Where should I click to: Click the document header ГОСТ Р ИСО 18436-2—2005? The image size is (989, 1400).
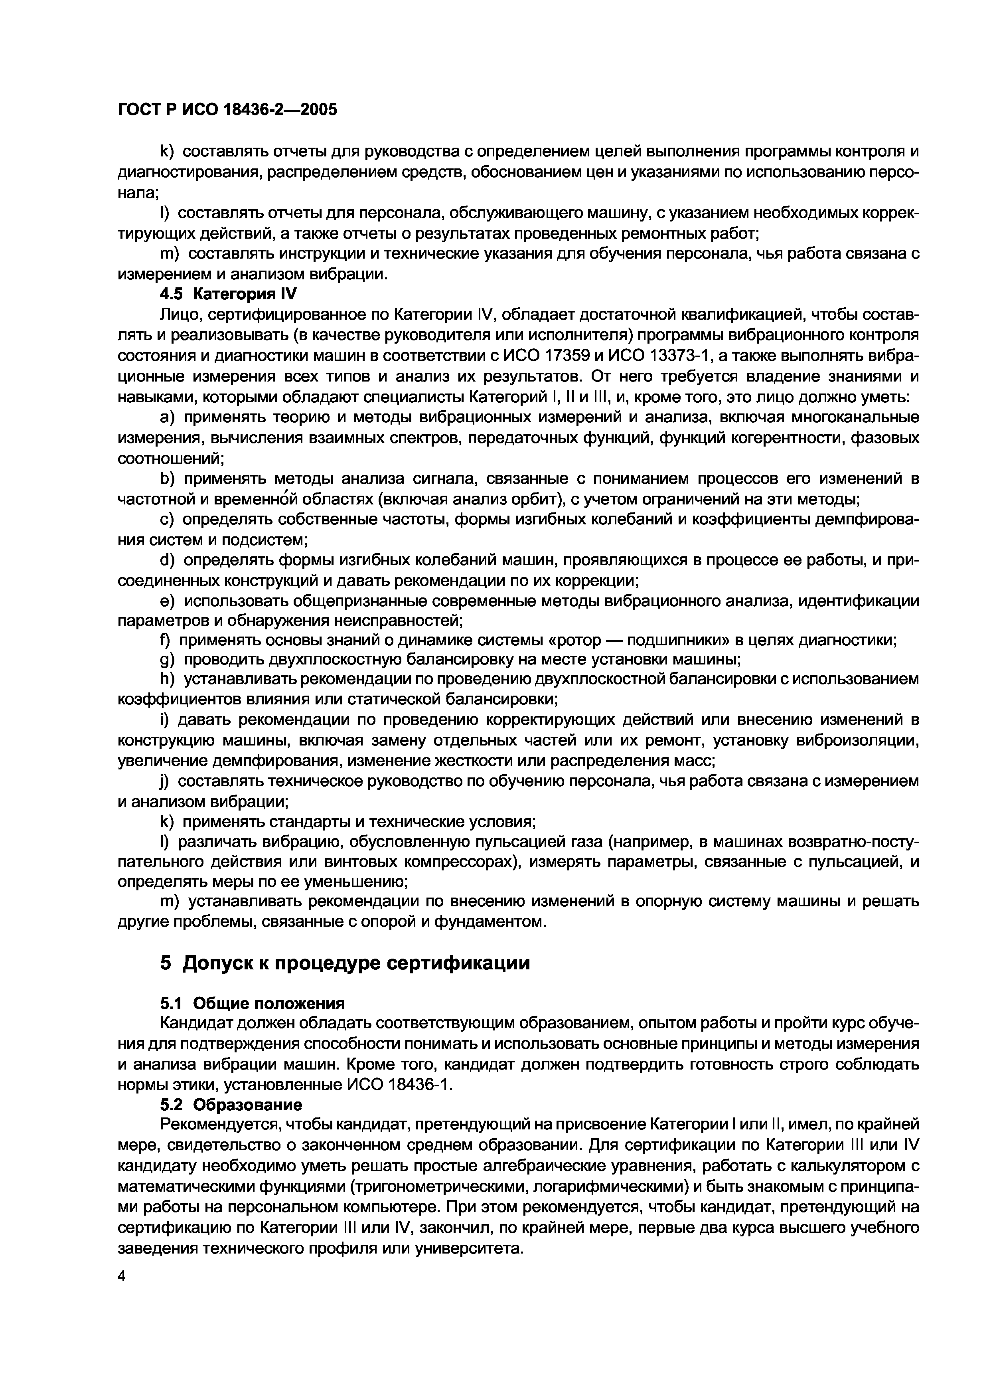(x=227, y=110)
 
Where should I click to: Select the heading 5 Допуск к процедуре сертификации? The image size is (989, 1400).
(x=345, y=963)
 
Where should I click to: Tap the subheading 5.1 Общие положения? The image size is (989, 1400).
(x=252, y=1004)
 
